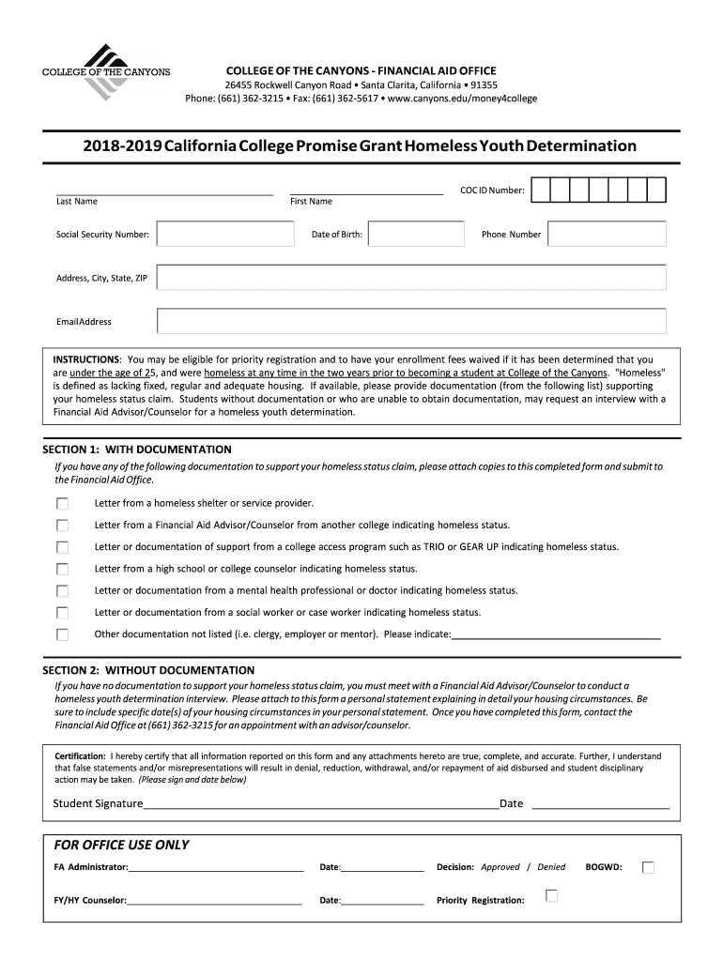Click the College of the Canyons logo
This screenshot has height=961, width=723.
click(105, 71)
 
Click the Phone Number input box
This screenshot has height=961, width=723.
click(607, 234)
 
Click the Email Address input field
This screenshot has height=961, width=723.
click(411, 321)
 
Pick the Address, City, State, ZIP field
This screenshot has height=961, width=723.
click(411, 278)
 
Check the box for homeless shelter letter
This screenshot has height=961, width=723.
click(63, 503)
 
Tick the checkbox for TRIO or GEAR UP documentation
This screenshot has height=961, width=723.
click(63, 547)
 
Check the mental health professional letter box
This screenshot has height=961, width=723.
click(63, 591)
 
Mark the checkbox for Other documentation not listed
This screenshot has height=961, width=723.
click(63, 634)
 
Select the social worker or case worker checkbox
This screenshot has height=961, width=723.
click(63, 613)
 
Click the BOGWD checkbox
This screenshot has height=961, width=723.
click(648, 868)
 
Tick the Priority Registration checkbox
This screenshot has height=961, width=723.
click(552, 895)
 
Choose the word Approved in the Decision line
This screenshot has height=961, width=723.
click(500, 868)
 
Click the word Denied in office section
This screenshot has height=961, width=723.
click(551, 868)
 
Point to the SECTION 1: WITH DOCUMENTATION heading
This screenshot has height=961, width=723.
click(137, 450)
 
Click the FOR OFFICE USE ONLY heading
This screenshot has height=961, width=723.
click(122, 845)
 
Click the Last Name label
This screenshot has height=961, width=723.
click(77, 202)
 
